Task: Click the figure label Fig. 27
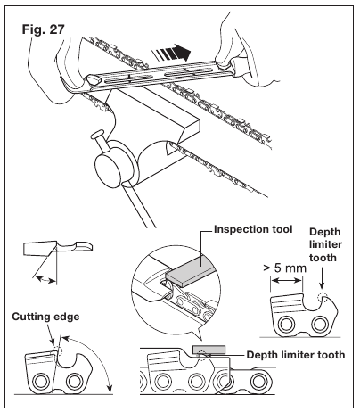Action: point(44,29)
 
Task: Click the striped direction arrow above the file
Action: point(171,53)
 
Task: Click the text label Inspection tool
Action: point(253,229)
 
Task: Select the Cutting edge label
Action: point(45,317)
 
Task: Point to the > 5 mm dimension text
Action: point(284,268)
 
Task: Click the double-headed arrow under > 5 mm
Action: point(286,280)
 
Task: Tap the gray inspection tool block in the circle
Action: point(190,269)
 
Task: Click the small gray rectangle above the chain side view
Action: point(209,350)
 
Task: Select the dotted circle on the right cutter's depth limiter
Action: point(323,297)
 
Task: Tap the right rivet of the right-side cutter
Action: point(319,325)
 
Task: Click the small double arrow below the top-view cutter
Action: point(45,280)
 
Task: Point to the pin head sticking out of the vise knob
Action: point(99,135)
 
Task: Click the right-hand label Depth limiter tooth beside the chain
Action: point(296,355)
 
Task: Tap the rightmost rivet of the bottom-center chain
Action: point(258,381)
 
